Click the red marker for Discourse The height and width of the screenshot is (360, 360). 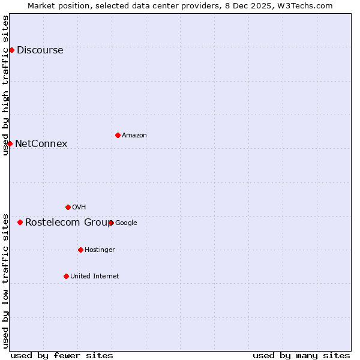click(11, 50)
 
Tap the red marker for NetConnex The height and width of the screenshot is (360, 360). click(10, 143)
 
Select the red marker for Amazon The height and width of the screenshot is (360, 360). click(118, 135)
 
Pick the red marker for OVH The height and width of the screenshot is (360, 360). click(68, 207)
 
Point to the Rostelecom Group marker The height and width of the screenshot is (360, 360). click(20, 222)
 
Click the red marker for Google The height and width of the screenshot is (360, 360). click(111, 223)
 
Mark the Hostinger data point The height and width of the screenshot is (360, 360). click(80, 250)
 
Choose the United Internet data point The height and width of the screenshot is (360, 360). click(66, 276)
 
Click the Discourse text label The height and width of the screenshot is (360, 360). click(40, 50)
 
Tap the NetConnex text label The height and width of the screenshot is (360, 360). click(41, 143)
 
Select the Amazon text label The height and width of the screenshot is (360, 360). click(134, 135)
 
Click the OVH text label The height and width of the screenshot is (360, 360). click(79, 207)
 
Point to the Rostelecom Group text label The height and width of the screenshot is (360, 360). click(68, 222)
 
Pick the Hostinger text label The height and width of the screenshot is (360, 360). click(100, 250)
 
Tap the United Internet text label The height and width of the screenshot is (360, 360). click(94, 276)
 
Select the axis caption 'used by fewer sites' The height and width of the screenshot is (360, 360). click(62, 355)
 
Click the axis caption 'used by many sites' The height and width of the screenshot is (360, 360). click(301, 355)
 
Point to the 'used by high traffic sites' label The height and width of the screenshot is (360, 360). click(5, 85)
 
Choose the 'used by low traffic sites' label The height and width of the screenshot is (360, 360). click(5, 280)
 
